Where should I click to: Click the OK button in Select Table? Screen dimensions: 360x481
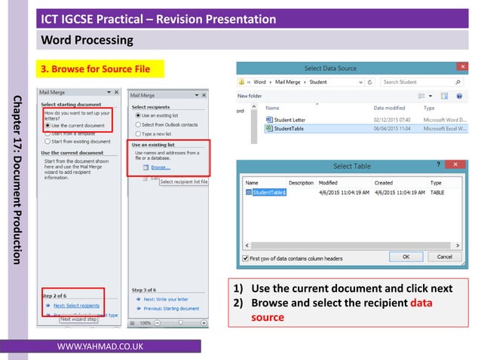tap(406, 257)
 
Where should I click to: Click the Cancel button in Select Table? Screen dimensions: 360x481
tap(442, 257)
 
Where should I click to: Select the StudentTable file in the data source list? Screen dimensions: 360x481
tap(289, 129)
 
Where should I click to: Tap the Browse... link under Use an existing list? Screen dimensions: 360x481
tap(159, 167)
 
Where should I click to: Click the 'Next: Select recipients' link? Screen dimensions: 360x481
tap(75, 306)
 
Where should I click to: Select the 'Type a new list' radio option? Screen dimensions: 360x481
tap(156, 133)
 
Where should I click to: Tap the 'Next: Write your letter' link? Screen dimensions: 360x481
tap(166, 299)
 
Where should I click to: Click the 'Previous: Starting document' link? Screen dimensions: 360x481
tap(170, 308)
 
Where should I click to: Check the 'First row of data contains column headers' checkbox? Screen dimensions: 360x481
tap(244, 258)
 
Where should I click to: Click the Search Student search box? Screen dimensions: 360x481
tap(416, 81)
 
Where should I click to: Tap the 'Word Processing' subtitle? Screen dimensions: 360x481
tap(87, 39)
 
